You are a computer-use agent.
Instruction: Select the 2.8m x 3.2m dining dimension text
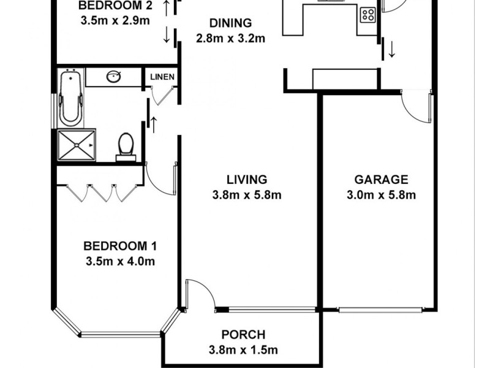pyautogui.click(x=230, y=38)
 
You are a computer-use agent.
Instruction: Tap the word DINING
pyautogui.click(x=230, y=23)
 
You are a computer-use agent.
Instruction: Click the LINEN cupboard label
pyautogui.click(x=163, y=77)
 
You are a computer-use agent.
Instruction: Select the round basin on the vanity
pyautogui.click(x=113, y=77)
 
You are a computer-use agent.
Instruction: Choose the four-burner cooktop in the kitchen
pyautogui.click(x=367, y=14)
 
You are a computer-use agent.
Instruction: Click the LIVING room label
pyautogui.click(x=247, y=180)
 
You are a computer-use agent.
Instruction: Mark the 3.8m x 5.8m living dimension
pyautogui.click(x=247, y=196)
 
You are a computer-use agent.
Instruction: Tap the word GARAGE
pyautogui.click(x=381, y=180)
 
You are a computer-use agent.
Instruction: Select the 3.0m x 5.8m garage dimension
pyautogui.click(x=381, y=196)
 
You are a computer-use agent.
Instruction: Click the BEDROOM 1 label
pyautogui.click(x=120, y=247)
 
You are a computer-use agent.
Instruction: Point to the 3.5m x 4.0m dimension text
pyautogui.click(x=120, y=262)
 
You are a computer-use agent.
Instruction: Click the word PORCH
pyautogui.click(x=243, y=335)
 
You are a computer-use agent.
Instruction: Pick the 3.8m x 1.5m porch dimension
pyautogui.click(x=243, y=350)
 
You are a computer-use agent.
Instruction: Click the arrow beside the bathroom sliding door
pyautogui.click(x=153, y=125)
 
